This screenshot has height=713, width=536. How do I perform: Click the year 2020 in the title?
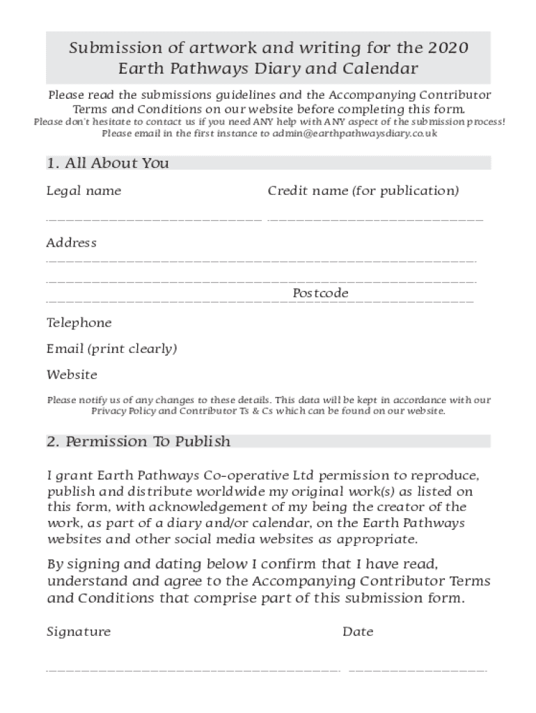(448, 48)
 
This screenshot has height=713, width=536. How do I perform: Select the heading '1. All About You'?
(108, 163)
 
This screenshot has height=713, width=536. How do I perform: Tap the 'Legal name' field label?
(84, 191)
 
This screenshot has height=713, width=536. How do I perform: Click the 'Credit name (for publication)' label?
(363, 191)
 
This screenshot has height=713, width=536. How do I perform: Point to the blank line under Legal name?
(154, 220)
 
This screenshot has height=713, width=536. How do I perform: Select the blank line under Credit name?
(375, 220)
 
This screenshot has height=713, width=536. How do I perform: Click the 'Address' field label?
(71, 243)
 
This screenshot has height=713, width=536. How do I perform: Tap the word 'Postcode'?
(320, 293)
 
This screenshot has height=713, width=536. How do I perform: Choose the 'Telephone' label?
(79, 323)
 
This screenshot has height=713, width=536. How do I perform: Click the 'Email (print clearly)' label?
(111, 349)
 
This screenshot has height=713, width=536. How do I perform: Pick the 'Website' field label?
(72, 375)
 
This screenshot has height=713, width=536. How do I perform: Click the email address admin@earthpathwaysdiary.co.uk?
(355, 133)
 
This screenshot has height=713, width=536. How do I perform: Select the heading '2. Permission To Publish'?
(139, 441)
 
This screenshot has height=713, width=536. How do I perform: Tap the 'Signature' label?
(79, 632)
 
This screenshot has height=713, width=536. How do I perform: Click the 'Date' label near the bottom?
(358, 632)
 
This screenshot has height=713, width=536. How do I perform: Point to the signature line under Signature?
(193, 671)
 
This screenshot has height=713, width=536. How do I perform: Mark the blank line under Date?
(417, 671)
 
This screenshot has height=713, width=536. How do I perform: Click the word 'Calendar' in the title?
(383, 69)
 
